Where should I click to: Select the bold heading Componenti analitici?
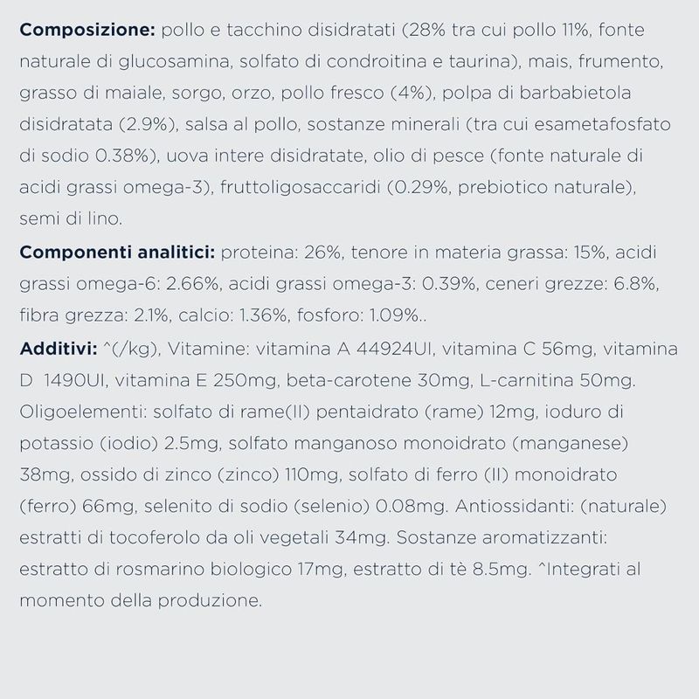point(117,253)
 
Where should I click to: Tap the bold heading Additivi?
point(59,350)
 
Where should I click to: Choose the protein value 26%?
point(316,253)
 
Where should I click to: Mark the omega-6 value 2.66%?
point(199,286)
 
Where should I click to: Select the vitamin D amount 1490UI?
point(74,382)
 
